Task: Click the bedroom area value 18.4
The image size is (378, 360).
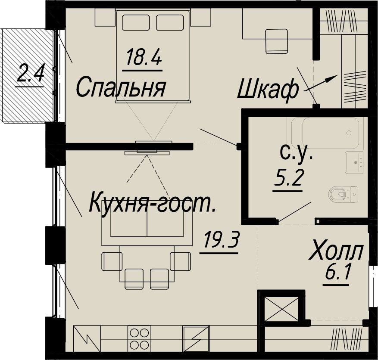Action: (144, 57)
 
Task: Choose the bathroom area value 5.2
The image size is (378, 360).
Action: (287, 177)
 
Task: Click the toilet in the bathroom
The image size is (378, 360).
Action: (343, 194)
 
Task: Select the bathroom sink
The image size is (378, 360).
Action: (354, 162)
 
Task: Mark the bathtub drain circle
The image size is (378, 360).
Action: (349, 133)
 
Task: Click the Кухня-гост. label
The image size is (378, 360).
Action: (152, 204)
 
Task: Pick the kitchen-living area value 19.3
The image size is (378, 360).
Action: (221, 239)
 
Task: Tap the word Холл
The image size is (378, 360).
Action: (336, 252)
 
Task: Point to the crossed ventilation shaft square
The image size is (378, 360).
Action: (281, 309)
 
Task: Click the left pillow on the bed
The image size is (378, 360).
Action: (136, 22)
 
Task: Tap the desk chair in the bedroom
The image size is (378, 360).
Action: (277, 41)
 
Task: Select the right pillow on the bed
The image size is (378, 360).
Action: (170, 22)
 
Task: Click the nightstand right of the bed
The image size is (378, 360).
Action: (201, 17)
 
